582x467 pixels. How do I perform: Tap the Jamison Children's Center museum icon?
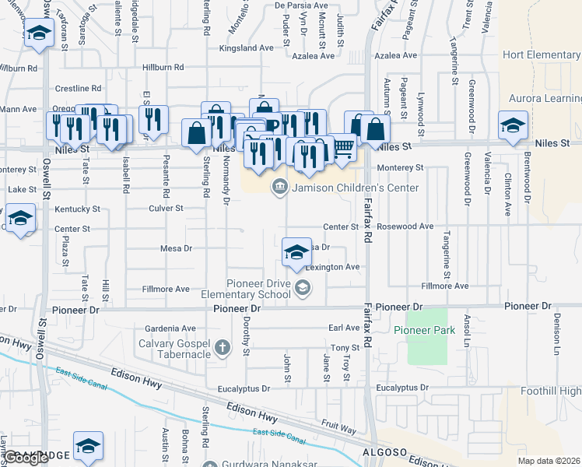click(279, 188)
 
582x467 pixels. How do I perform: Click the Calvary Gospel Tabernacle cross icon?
click(223, 347)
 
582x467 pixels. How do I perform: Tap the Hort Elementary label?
click(542, 54)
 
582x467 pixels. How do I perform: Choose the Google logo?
click(26, 457)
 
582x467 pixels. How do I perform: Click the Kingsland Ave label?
click(247, 47)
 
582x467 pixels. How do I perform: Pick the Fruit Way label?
click(337, 430)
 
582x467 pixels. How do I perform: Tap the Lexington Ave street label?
click(332, 267)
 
